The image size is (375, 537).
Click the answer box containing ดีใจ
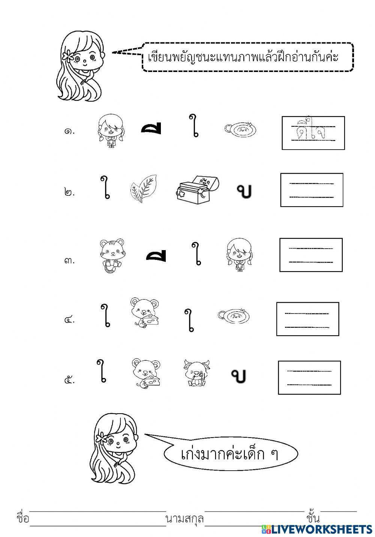(x=313, y=133)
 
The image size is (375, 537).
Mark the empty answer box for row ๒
(x=312, y=190)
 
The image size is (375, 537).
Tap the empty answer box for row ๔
(x=307, y=319)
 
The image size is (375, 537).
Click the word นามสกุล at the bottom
(x=184, y=519)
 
